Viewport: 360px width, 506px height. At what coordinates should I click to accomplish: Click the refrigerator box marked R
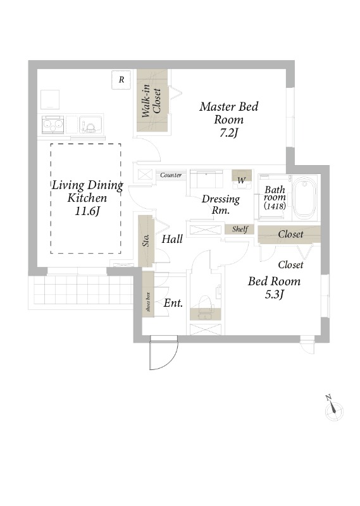point(121,80)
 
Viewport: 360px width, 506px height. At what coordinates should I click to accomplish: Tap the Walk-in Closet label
point(151,101)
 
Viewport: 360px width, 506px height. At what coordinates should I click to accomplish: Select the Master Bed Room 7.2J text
point(229,120)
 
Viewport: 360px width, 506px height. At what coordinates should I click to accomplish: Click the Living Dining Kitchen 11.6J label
point(87,197)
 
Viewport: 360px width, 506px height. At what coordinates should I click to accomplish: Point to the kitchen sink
point(91,125)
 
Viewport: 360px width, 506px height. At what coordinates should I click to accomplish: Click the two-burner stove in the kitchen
point(53,125)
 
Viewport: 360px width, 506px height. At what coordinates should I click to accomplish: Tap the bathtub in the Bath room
point(304,197)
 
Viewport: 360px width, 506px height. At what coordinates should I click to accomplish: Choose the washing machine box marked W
point(242,179)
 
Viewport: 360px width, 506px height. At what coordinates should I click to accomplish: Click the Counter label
point(171,175)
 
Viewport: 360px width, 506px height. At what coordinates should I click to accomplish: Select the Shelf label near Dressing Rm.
point(240,229)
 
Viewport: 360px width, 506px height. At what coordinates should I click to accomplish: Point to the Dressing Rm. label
point(221,204)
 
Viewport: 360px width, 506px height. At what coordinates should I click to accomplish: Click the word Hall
point(172,239)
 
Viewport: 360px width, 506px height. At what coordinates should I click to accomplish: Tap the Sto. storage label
point(146,241)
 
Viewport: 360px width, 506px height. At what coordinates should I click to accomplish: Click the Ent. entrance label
point(173,303)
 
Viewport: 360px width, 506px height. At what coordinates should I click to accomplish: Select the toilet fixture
point(206,305)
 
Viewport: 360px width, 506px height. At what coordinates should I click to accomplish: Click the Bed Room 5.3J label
point(274,287)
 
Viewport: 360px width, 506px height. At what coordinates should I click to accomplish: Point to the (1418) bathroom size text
point(275,206)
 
